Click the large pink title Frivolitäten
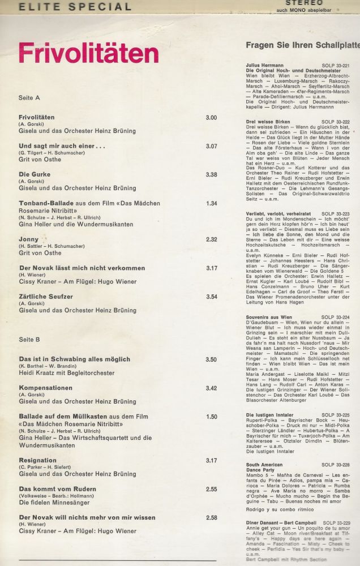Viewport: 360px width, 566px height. point(88,53)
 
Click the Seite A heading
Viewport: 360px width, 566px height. point(29,97)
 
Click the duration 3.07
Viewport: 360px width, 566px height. point(211,146)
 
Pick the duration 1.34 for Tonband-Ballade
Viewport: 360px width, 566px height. point(211,203)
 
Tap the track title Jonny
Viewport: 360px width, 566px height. point(29,239)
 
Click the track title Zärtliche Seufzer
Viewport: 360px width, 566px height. point(46,296)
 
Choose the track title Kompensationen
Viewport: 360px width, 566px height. point(46,388)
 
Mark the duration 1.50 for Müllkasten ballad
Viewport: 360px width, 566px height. point(211,417)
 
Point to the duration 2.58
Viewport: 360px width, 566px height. point(211,517)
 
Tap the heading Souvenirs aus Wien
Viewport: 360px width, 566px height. point(268,318)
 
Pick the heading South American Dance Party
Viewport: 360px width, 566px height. point(266,468)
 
